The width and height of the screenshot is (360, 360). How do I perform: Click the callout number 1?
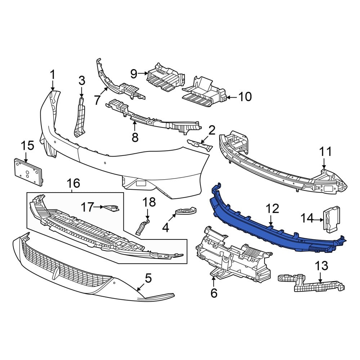[53, 75]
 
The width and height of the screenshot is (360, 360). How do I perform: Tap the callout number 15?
[28, 146]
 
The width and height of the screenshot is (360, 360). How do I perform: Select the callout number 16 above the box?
[73, 184]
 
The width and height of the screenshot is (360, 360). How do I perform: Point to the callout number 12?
[272, 209]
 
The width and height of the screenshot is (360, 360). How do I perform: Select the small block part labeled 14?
[332, 219]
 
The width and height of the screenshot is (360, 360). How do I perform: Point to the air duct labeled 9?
[165, 77]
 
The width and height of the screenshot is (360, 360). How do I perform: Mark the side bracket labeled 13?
[311, 283]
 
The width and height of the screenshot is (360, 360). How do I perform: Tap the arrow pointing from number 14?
[318, 220]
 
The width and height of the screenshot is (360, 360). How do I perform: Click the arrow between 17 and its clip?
[99, 207]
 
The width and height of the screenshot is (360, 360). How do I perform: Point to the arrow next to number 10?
[232, 98]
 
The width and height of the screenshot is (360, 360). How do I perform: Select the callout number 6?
[214, 293]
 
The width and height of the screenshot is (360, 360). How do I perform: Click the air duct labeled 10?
[204, 92]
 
